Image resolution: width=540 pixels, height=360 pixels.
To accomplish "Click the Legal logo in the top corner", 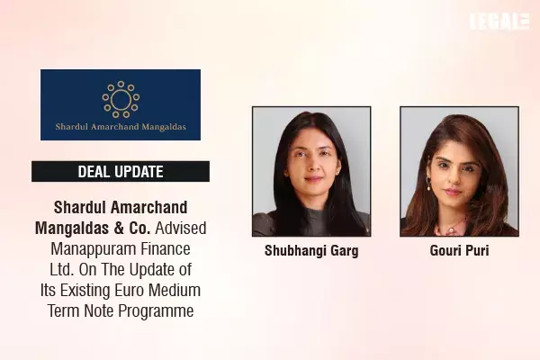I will click(499, 22).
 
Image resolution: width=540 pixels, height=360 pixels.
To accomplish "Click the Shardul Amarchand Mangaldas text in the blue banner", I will click(120, 127).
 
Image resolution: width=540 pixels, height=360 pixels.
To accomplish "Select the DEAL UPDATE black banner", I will click(120, 171).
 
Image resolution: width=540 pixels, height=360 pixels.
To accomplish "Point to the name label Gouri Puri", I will click(460, 251).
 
